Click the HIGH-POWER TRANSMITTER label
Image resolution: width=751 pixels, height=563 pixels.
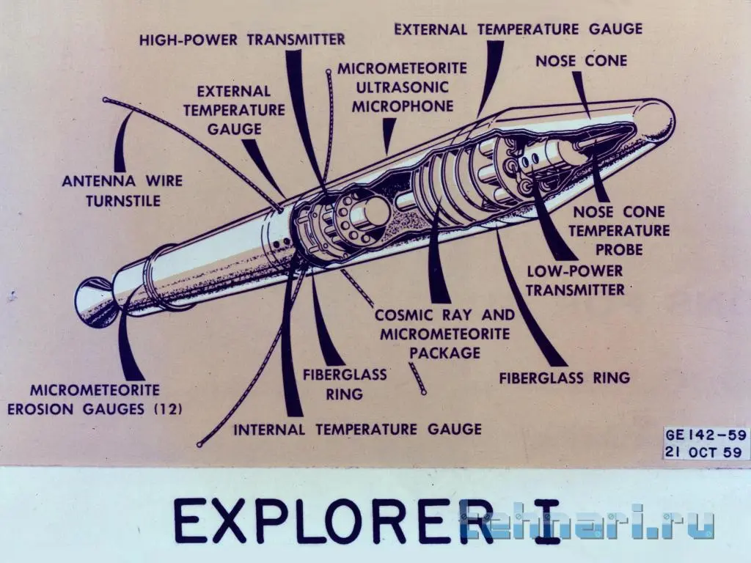[242, 40]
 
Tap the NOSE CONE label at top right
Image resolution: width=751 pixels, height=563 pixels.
[581, 61]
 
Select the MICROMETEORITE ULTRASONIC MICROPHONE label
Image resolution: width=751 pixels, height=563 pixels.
[403, 87]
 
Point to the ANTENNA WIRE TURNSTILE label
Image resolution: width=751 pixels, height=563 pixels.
[122, 191]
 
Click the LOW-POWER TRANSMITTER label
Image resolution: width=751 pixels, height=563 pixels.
[575, 280]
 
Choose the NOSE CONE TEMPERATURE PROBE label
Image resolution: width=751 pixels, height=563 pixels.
[619, 230]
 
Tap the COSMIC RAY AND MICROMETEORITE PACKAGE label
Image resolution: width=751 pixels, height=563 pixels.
[444, 334]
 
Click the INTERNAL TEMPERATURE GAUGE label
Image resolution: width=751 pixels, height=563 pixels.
[357, 429]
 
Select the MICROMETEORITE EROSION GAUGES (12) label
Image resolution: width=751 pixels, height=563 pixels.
[95, 400]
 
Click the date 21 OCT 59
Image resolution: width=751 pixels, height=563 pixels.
[703, 452]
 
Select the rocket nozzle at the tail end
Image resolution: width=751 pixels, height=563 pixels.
[96, 301]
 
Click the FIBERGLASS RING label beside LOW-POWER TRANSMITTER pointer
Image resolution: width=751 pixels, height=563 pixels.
[564, 378]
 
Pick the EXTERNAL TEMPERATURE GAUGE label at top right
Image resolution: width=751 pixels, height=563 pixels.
[519, 29]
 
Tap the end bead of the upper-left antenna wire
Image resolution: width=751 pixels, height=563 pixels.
[106, 100]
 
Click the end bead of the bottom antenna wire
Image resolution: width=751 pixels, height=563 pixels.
[199, 445]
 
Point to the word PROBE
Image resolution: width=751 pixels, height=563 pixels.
[619, 249]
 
